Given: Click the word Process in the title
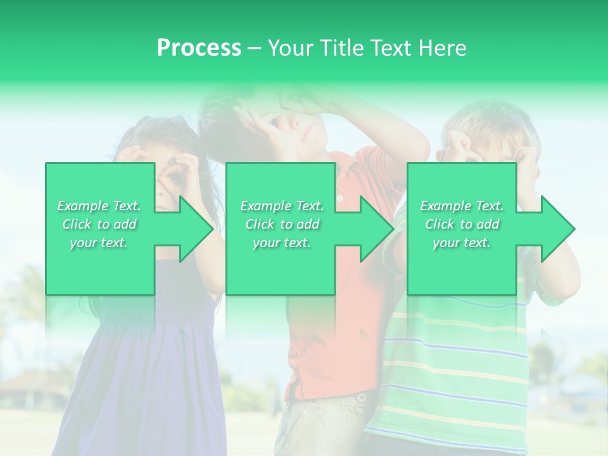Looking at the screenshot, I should pyautogui.click(x=199, y=48).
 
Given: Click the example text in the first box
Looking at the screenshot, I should pyautogui.click(x=99, y=224).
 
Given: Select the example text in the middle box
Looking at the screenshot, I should pyautogui.click(x=282, y=224).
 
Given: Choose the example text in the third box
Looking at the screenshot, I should pyautogui.click(x=462, y=224).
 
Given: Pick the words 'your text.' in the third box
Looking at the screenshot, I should pyautogui.click(x=462, y=243).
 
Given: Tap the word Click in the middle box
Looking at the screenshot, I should pyautogui.click(x=258, y=224).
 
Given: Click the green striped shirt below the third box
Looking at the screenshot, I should pyautogui.click(x=456, y=367).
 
